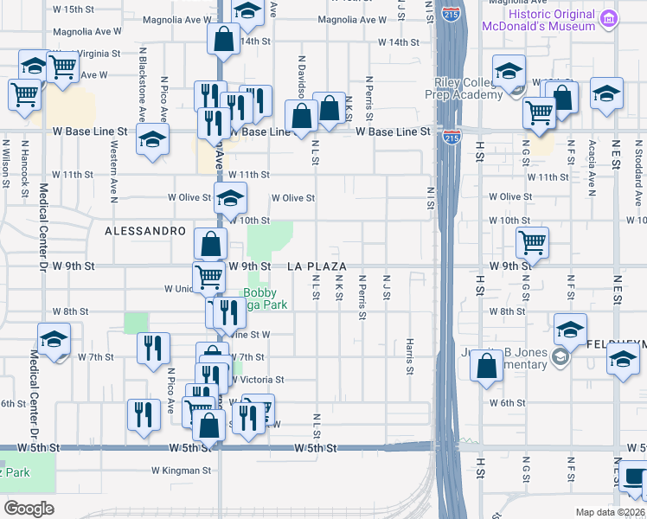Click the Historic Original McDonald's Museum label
point(554,20)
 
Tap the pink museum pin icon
point(610,17)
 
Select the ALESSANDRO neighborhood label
point(145,232)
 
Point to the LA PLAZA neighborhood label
point(317,266)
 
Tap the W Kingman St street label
point(182,471)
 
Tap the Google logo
point(29,509)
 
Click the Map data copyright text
point(610,512)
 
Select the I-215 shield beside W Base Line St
point(452,137)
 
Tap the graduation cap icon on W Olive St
point(230,198)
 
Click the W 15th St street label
point(73,9)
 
